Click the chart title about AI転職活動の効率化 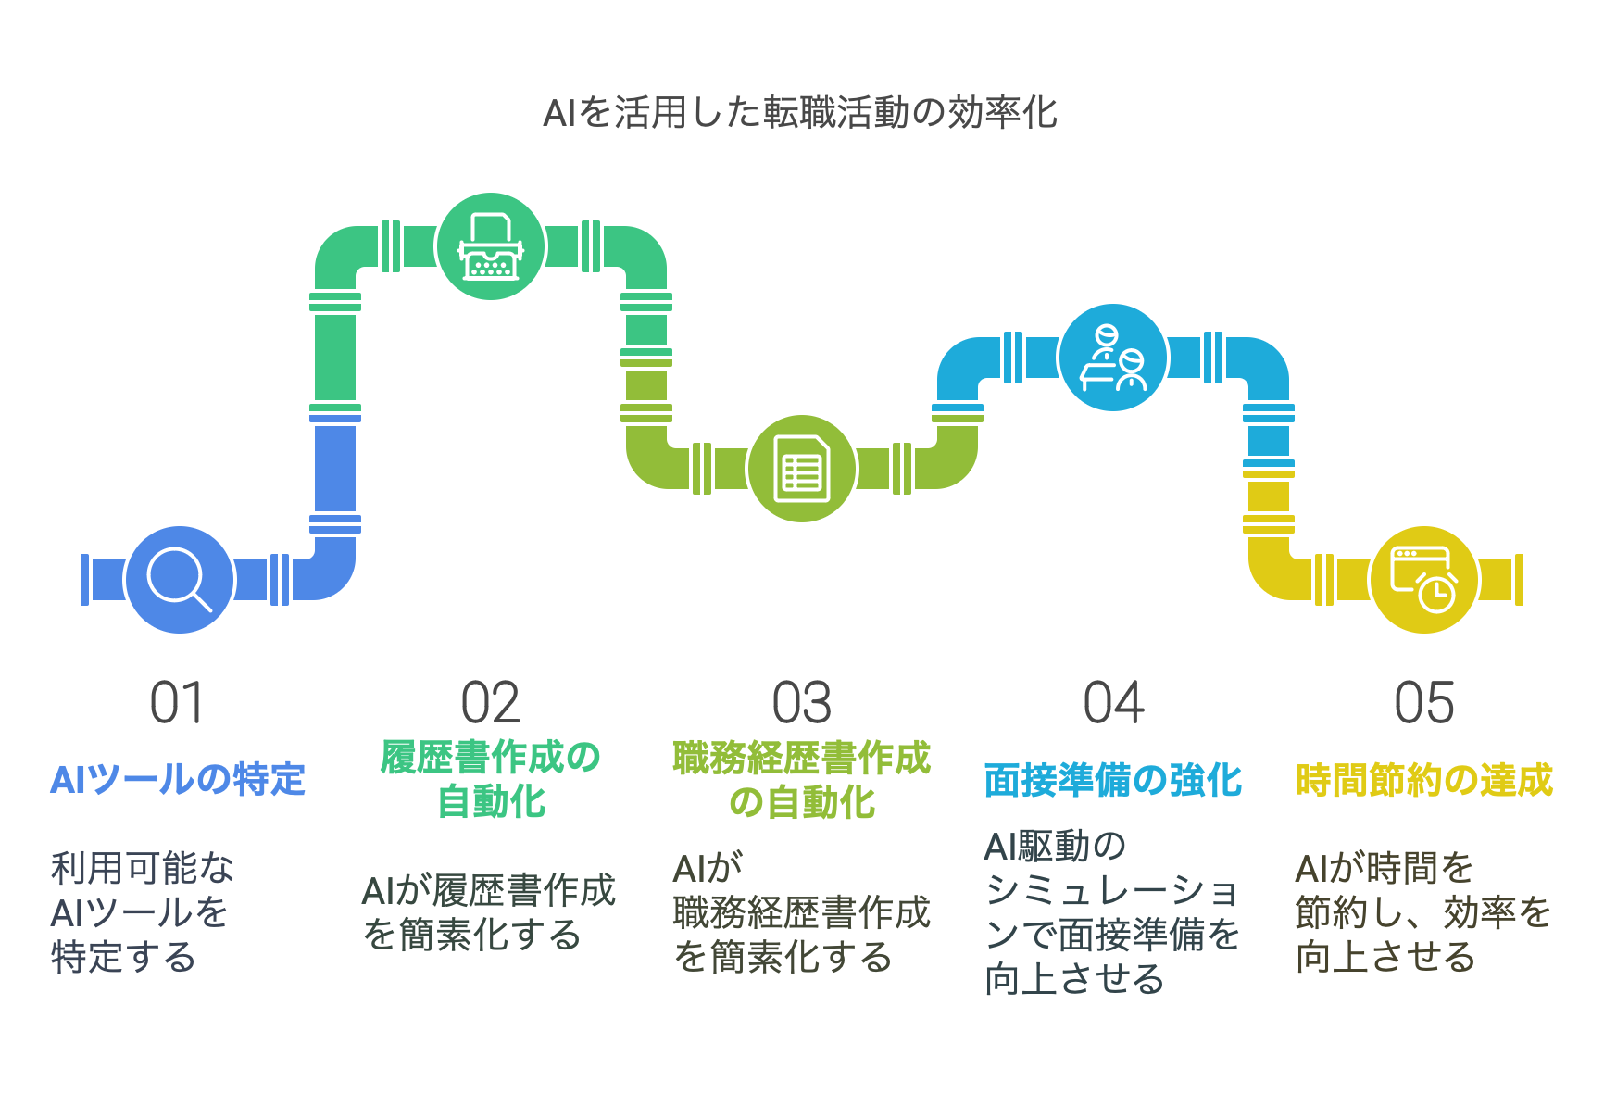pos(800,113)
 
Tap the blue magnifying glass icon pos(179,580)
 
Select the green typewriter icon pos(491,246)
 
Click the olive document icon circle pos(802,469)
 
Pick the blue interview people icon pos(1113,358)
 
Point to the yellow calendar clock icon pos(1424,580)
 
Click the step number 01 pos(177,703)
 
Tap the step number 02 pos(491,703)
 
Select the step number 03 pos(802,703)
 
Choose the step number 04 pos(1113,703)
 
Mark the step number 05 pos(1424,703)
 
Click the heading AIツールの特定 pos(178,780)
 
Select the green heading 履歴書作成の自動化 pos(491,780)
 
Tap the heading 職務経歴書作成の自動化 pos(802,780)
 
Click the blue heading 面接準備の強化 pos(1113,780)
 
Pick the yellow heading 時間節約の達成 pos(1424,780)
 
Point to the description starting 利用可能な pos(142,912)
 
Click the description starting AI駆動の pos(1111,912)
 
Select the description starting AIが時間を pos(1423,912)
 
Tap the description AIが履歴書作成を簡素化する pos(489,912)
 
